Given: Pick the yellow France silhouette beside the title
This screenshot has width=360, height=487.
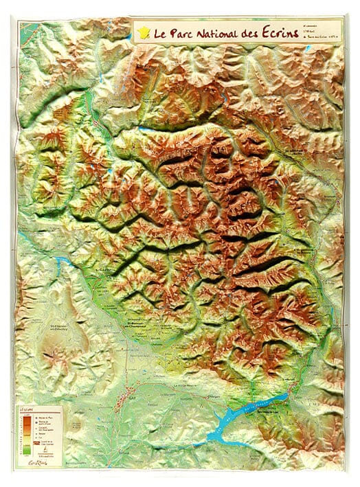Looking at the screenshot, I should [143, 31].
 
